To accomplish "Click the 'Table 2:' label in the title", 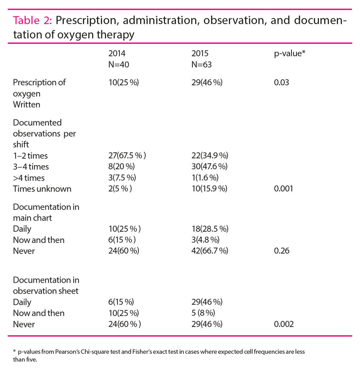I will pyautogui.click(x=33, y=21).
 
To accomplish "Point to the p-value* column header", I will pyautogui.click(x=287, y=53).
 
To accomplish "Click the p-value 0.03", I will pyautogui.click(x=281, y=82).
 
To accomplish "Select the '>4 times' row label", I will pyautogui.click(x=29, y=178).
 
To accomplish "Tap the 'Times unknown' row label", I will pyautogui.click(x=42, y=189).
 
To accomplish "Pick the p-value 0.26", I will pyautogui.click(x=281, y=251).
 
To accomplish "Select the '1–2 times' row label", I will pyautogui.click(x=30, y=156).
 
